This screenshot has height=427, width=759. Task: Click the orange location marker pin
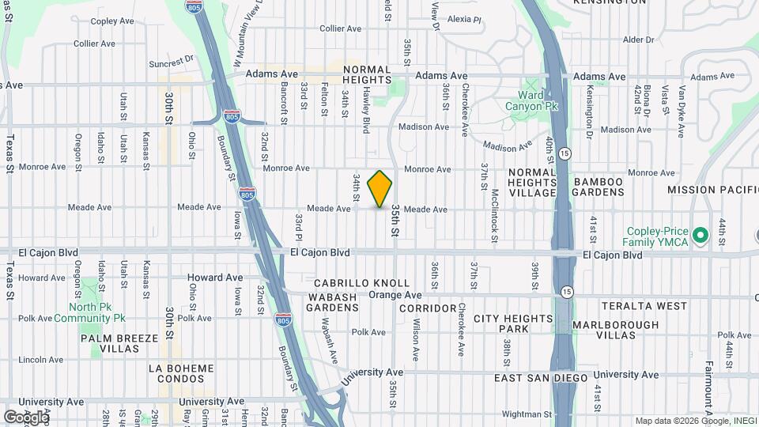379,188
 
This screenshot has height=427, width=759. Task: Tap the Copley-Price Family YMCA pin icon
699,235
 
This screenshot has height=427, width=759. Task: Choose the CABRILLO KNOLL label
361,283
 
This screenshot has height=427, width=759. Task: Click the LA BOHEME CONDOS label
181,373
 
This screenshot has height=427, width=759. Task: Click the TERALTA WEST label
644,305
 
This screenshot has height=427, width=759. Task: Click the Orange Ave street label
395,295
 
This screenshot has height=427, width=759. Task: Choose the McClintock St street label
493,211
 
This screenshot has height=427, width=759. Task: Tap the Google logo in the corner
25,417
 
